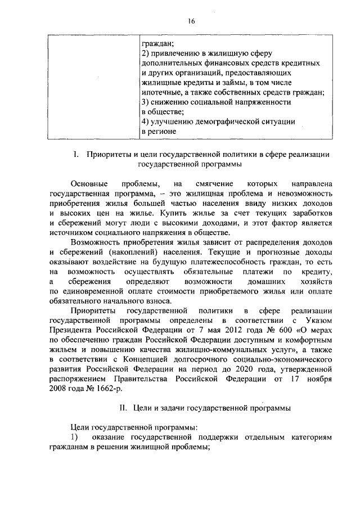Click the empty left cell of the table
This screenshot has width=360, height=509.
pos(92,84)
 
